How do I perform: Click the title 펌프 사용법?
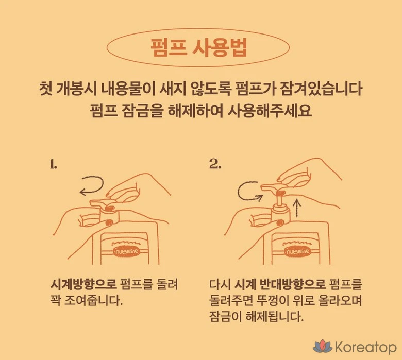pos(198,48)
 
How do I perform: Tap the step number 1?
pos(53,164)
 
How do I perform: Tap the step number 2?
pos(215,164)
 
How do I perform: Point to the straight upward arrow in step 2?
pos(297,207)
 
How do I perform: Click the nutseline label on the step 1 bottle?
pos(127,251)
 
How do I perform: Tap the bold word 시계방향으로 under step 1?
pos(83,284)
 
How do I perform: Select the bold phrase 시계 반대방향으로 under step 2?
pos(280,284)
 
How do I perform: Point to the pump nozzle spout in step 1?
pos(97,203)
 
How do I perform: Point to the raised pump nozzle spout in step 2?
pos(268,187)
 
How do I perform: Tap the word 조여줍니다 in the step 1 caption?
pos(93,300)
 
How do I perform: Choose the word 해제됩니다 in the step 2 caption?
pos(274,317)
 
